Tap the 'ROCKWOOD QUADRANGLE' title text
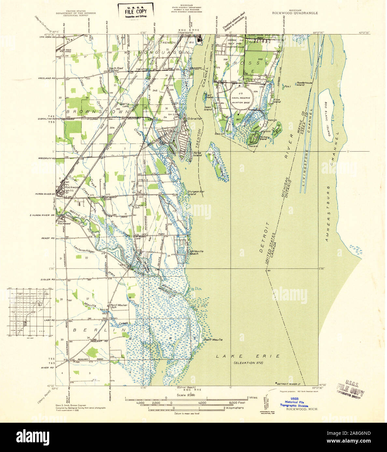point(295,14)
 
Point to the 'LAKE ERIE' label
point(248,356)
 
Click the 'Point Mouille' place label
point(213,339)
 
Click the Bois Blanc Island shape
point(326,114)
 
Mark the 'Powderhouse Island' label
point(304,84)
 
